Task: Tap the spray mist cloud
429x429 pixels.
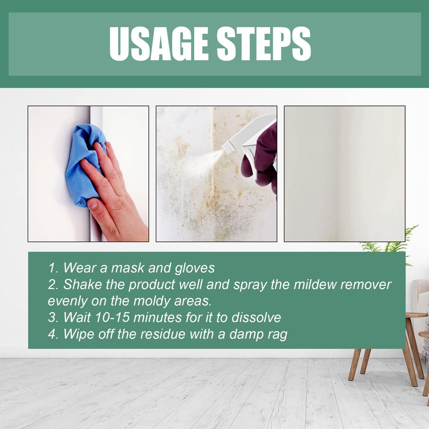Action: [201, 163]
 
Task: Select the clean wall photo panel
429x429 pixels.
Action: [344, 173]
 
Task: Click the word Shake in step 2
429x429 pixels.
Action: [81, 285]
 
